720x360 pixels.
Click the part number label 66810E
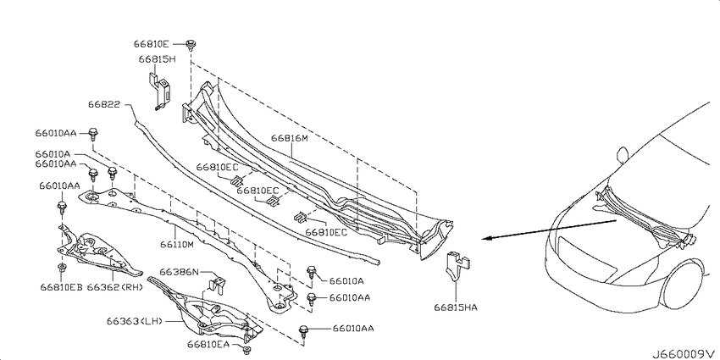pos(152,44)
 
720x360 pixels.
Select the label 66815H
pos(158,58)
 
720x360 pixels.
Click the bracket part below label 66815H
pos(160,90)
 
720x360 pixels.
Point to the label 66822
pos(104,105)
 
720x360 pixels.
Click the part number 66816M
pos(289,138)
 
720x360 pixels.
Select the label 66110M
pos(177,245)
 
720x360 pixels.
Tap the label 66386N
pos(179,272)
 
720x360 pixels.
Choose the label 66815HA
pos(456,307)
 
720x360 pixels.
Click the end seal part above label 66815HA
pos(457,266)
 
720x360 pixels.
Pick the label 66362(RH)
pos(115,287)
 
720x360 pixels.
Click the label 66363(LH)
pos(135,321)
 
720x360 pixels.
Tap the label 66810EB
pos(61,287)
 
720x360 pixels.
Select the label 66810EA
pos(208,343)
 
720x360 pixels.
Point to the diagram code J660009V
pos(684,354)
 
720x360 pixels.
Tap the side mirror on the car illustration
pos(623,155)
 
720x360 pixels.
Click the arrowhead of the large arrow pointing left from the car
pos(487,238)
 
